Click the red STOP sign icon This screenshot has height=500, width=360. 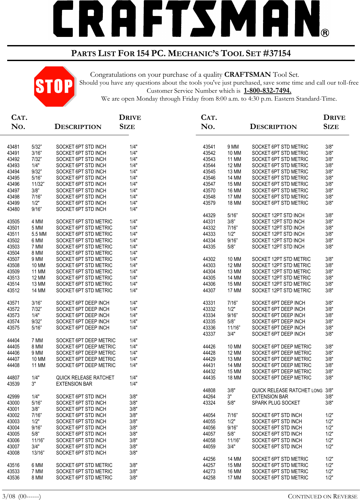pos(55,87)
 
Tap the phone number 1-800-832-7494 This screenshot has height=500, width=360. pos(267,91)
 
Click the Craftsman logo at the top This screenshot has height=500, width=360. pos(191,19)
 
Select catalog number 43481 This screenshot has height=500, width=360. pos(13,147)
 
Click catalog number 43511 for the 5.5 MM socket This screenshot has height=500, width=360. pos(13,234)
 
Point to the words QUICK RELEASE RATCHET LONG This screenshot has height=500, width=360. pos(287,391)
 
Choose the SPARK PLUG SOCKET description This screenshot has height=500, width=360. pos(276,403)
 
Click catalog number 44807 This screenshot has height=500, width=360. pos(13,378)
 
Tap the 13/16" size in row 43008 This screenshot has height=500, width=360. pos(38,453)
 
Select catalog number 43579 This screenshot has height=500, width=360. pos(209,203)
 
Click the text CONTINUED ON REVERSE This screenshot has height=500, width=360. pos(322,496)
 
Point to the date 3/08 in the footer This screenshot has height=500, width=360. pos(9,496)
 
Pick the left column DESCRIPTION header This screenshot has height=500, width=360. pos(78,127)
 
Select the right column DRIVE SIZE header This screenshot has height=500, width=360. pos(334,122)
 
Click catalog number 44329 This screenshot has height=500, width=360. pos(209,216)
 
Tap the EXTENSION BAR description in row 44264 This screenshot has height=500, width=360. pos(270,397)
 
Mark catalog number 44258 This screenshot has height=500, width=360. pos(209,478)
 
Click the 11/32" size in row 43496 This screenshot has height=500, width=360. pos(38,184)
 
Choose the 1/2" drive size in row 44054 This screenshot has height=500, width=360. pos(329,415)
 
